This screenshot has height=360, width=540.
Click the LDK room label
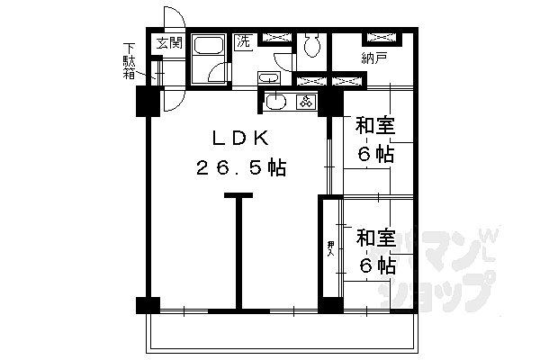[238, 139]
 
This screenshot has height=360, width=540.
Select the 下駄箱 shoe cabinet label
[130, 61]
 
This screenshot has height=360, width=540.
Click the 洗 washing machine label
[243, 41]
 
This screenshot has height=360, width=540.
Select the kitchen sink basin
[275, 102]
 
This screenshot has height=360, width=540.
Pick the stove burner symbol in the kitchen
[306, 102]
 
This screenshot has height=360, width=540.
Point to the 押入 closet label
[331, 247]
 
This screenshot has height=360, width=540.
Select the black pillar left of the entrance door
[144, 101]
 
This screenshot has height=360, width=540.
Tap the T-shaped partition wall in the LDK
[238, 252]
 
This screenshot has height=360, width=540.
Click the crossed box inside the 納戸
[382, 39]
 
